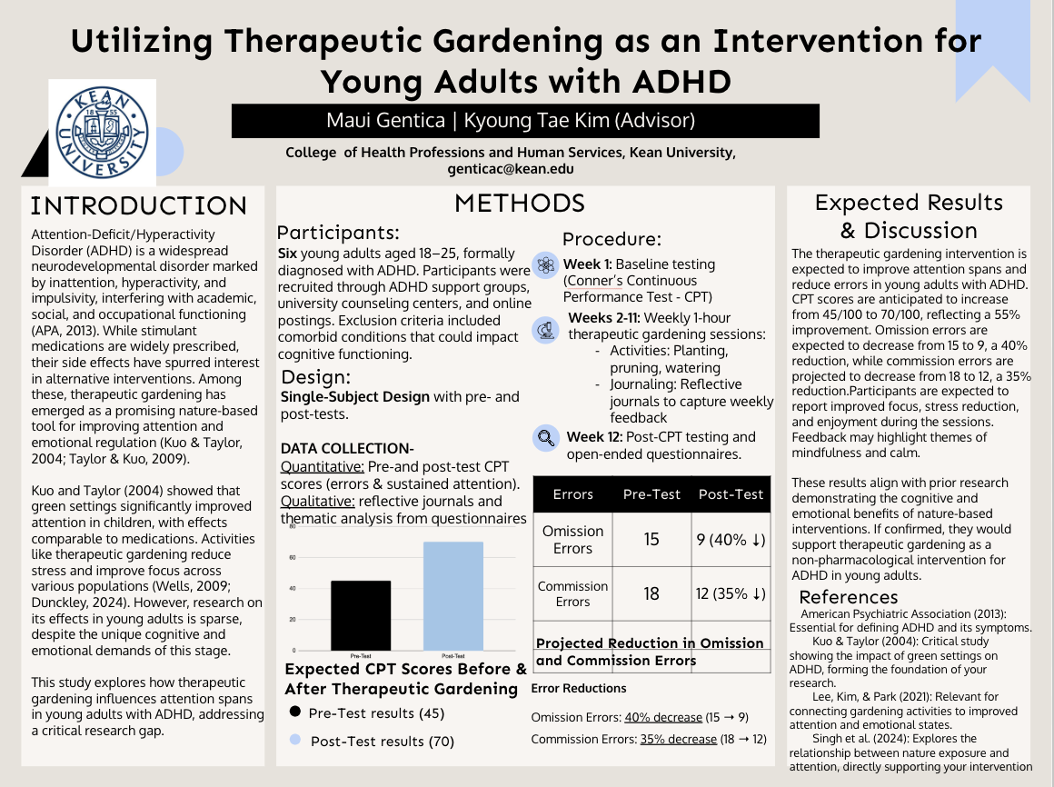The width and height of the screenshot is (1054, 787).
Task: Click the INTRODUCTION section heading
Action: tap(138, 205)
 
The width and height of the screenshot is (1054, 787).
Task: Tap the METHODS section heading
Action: tap(519, 203)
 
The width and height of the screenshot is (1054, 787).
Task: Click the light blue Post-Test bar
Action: tap(452, 595)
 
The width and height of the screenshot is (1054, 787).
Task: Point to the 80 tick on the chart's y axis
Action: tap(293, 526)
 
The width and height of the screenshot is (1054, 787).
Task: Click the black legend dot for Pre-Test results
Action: tap(294, 712)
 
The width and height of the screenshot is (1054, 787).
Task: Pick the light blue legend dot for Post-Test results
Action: tap(294, 741)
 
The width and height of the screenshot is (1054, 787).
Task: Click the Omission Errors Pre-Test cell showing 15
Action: tap(651, 540)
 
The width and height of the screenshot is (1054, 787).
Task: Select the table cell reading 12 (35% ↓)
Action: tap(731, 593)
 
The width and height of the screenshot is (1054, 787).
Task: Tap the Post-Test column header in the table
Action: tap(731, 494)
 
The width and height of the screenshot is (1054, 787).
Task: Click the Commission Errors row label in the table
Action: tap(572, 593)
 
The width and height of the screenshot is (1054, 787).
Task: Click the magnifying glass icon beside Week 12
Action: tap(546, 438)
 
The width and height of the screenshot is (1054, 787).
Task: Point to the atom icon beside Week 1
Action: tap(545, 265)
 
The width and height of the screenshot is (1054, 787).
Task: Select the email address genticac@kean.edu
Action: tap(510, 168)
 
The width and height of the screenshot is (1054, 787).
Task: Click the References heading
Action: tap(848, 597)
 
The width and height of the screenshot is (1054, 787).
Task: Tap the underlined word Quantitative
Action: tap(322, 466)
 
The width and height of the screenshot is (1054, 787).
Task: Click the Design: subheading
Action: tap(315, 377)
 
